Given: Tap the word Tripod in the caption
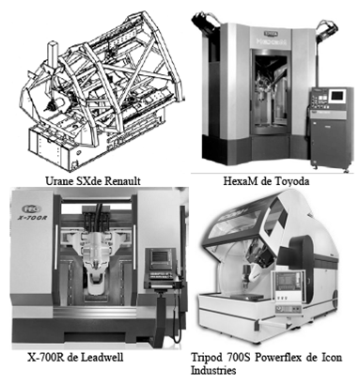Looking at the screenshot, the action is tap(206, 357).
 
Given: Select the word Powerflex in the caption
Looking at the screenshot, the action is tap(274, 357).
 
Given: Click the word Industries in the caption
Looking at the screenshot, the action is tap(213, 370).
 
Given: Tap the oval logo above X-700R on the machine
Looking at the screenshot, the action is tap(28, 208).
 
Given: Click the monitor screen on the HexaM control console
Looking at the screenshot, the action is tap(337, 95).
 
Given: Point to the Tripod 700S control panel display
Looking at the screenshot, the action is tap(287, 281).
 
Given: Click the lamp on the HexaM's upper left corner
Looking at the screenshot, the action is tap(206, 21).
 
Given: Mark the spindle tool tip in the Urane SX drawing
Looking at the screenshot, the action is tap(48, 108).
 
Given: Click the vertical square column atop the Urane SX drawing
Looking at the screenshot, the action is tap(52, 55).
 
